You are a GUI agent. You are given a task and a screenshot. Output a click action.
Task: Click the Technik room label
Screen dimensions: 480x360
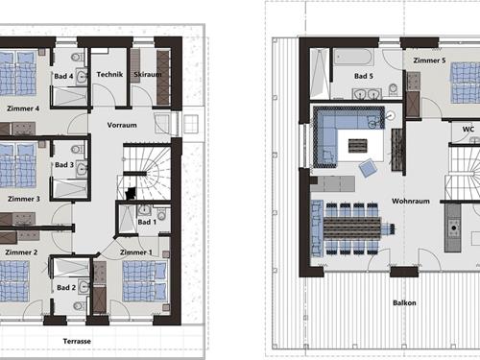tap(109, 74)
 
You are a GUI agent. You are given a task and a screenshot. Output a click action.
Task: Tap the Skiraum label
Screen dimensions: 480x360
tap(148, 74)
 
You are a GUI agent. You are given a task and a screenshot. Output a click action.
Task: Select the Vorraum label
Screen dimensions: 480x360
tap(122, 125)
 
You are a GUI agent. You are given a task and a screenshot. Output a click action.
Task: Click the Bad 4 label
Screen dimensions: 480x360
tap(63, 76)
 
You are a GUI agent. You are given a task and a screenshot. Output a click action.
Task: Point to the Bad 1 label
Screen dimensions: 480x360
tap(147, 222)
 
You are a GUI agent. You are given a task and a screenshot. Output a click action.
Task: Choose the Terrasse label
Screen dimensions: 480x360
tap(77, 341)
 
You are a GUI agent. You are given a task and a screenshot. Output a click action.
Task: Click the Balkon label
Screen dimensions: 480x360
tap(404, 302)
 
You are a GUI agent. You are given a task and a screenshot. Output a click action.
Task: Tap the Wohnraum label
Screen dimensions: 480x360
tap(411, 201)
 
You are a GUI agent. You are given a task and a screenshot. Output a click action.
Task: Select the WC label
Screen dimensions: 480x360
tap(468, 130)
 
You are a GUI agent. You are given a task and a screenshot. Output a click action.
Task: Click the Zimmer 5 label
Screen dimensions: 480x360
tap(429, 60)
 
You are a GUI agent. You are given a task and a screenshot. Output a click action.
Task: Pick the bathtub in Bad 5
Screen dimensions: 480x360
tap(353, 58)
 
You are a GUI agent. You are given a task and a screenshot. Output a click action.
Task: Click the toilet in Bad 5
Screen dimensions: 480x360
tap(393, 89)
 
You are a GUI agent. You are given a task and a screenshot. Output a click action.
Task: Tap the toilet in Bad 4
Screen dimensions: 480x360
tap(77, 58)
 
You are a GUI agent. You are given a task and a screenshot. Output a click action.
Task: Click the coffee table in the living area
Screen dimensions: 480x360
tap(358, 146)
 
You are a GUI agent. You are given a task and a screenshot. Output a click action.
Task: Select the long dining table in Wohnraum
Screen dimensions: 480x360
tap(352, 228)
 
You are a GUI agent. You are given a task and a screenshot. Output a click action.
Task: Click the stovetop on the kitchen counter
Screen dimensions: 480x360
tap(453, 228)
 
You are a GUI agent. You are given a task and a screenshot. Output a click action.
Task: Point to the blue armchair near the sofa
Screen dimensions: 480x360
tap(368, 168)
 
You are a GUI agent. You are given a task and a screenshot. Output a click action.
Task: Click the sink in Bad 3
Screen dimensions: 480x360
tap(83, 168)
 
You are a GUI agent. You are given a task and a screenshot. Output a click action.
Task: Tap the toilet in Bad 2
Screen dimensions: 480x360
tap(78, 306)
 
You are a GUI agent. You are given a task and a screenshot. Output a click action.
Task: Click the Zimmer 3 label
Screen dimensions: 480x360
tap(24, 199)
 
